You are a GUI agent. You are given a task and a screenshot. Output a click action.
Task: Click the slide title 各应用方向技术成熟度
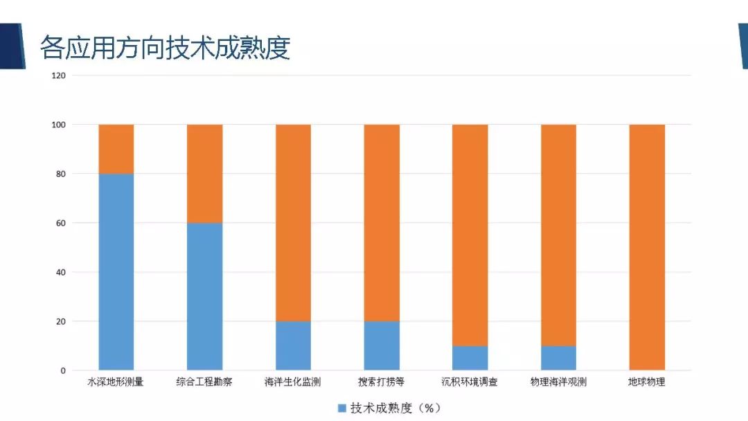pos(165,47)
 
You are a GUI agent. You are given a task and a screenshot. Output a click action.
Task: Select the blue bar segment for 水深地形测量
pos(116,271)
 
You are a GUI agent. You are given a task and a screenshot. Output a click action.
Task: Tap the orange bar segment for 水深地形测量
pos(116,149)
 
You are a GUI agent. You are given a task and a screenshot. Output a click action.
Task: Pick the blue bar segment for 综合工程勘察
pos(204,296)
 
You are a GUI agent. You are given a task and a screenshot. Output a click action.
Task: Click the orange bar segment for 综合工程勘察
pos(204,174)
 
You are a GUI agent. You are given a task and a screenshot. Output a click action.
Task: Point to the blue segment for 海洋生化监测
pos(293,346)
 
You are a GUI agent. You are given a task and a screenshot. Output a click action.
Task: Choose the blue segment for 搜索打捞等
pos(382,346)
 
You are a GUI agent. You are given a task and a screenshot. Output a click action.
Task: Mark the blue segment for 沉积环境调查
pos(470,358)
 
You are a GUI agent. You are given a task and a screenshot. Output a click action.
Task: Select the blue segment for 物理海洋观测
pos(558,358)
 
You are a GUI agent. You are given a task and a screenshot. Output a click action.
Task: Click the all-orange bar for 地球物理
pos(647,247)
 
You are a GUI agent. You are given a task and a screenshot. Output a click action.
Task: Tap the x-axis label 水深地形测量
pos(116,382)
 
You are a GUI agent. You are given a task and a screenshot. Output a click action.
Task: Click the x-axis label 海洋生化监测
pos(293,382)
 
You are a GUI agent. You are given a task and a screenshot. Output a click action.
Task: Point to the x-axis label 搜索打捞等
pos(381,382)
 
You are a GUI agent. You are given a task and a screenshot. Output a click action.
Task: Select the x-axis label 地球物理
pos(646,382)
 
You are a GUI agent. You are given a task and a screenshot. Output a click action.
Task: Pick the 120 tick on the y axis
pos(58,75)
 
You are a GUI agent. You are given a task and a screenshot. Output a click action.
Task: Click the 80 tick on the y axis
pos(61,174)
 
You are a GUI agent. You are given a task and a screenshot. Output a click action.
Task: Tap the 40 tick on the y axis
pos(61,272)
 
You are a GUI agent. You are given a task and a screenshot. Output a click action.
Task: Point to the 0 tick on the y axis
pos(63,370)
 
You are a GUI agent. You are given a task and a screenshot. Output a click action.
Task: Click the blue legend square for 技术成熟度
pos(341,408)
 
